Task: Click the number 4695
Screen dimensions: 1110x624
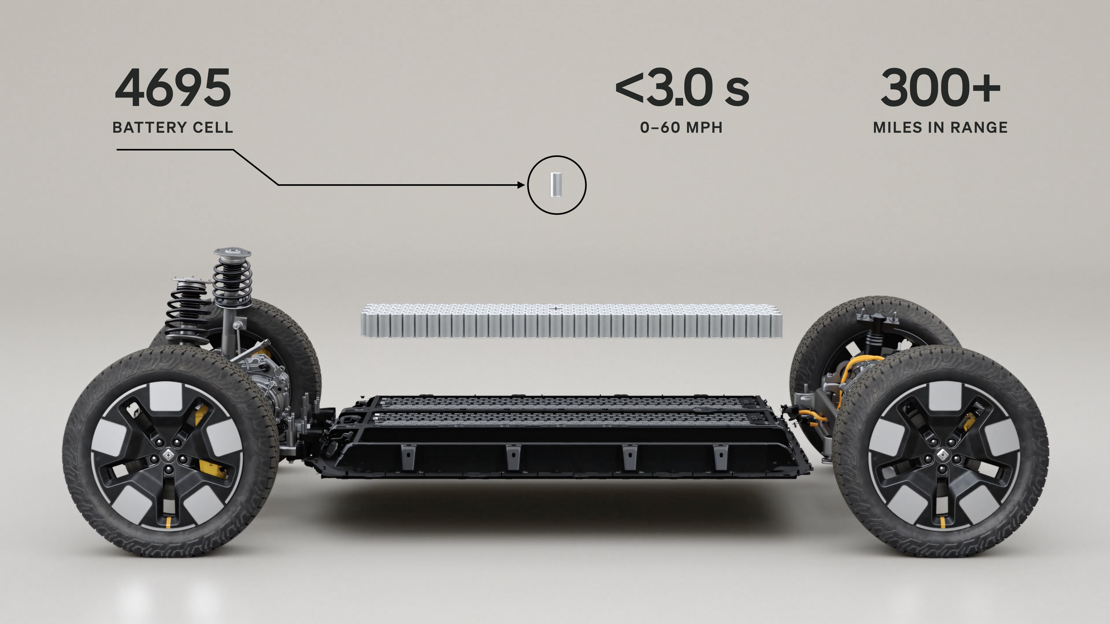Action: click(x=173, y=88)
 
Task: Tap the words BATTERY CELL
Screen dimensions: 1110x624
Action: click(x=173, y=127)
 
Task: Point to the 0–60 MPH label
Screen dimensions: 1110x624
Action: click(x=682, y=128)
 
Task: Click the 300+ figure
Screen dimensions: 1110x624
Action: click(x=940, y=88)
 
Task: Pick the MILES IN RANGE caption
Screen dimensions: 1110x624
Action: click(x=940, y=128)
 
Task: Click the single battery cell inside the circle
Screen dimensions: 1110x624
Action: click(x=557, y=185)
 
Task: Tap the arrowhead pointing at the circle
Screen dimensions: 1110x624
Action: click(x=521, y=185)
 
